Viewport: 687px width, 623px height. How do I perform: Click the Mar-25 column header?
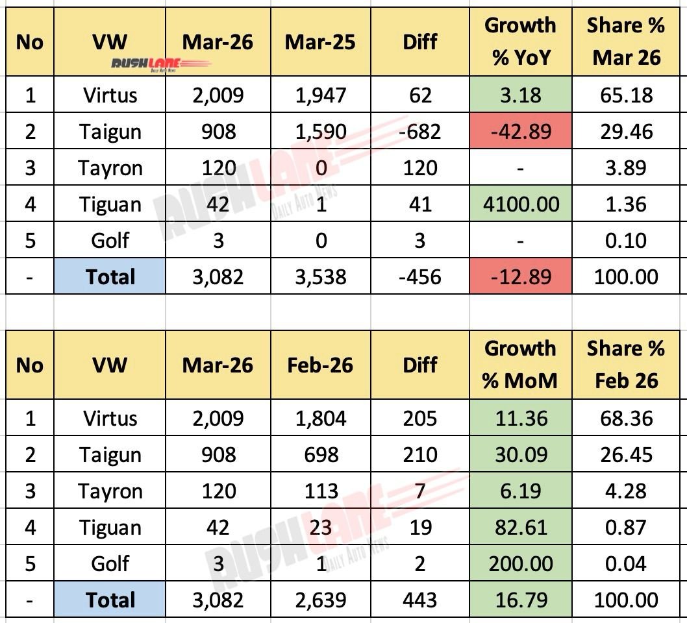click(x=319, y=42)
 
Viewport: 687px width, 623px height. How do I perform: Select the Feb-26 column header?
click(x=319, y=365)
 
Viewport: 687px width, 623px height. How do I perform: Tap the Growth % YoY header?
click(x=521, y=42)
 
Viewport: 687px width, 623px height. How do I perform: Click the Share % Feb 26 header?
click(x=626, y=365)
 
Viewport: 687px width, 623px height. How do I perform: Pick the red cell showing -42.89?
click(x=521, y=132)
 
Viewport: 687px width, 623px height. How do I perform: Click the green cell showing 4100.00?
click(x=521, y=204)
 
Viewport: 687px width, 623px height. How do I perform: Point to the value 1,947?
click(x=319, y=95)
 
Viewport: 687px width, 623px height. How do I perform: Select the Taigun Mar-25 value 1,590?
click(x=319, y=132)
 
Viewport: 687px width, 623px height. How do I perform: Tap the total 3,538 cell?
click(x=319, y=277)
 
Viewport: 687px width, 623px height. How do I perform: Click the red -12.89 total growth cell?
click(x=521, y=277)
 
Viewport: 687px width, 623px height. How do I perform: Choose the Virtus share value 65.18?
click(x=626, y=95)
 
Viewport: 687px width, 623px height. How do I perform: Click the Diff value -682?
click(x=419, y=132)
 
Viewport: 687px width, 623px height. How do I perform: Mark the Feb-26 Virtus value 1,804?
click(x=319, y=418)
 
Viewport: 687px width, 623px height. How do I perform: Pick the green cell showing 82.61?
click(x=521, y=527)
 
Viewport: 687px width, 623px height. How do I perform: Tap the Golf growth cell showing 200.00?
click(x=521, y=563)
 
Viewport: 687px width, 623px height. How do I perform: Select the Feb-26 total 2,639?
click(x=319, y=600)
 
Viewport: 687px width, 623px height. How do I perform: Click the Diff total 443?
click(x=419, y=600)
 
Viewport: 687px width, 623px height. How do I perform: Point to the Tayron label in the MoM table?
click(x=110, y=491)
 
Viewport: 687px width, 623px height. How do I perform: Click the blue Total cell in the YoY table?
click(x=110, y=277)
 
